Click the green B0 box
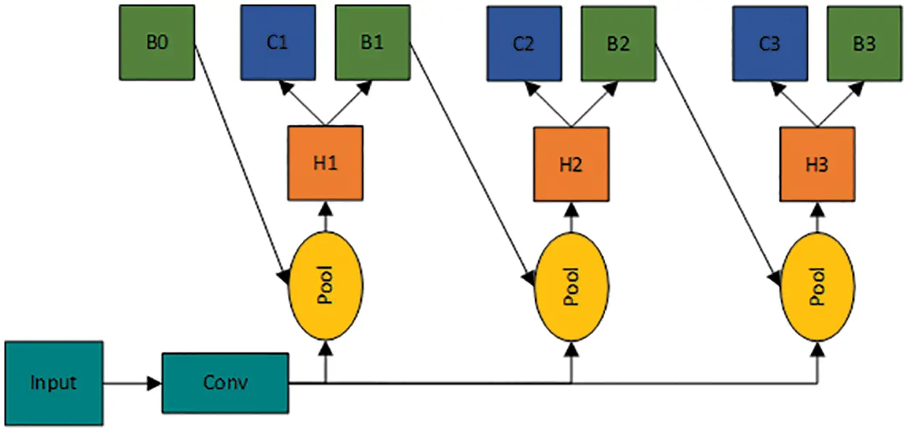coord(157,42)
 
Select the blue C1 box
coord(277,42)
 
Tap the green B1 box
coord(372,42)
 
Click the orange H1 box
coord(325,164)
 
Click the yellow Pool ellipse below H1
coord(325,286)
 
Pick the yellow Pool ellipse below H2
coord(572,286)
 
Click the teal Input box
coord(53,383)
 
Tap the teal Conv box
coord(224,383)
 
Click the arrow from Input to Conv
coord(131,383)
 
